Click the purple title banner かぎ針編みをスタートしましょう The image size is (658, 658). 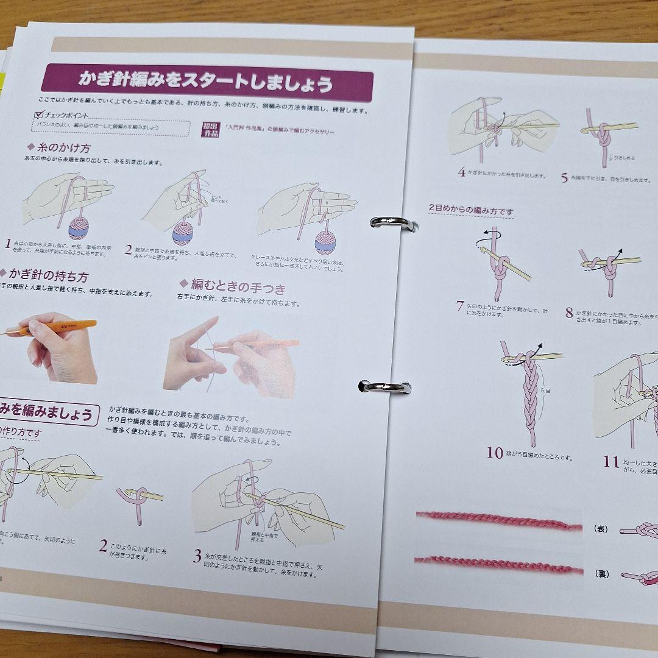coord(207,80)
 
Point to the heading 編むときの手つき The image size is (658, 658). coord(232,286)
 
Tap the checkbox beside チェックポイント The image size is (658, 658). coord(39,114)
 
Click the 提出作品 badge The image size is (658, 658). coord(210,130)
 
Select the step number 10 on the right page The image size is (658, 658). coord(495,453)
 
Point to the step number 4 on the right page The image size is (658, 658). coord(462,172)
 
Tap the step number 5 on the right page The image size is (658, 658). coord(564,178)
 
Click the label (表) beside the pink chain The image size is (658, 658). coord(600,529)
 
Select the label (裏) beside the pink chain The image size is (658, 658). coord(600,573)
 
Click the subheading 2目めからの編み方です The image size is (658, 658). coord(470,210)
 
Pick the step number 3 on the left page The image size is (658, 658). coord(197,555)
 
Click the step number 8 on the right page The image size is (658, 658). coord(569,313)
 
